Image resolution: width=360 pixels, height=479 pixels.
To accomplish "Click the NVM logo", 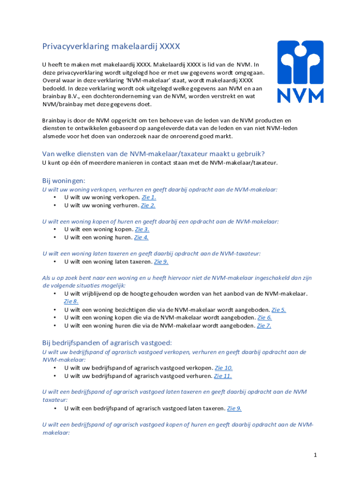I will coord(300,72).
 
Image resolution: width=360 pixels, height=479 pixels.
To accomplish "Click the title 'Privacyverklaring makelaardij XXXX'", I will coord(111,46).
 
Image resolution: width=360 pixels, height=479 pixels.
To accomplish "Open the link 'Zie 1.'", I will coord(149,197).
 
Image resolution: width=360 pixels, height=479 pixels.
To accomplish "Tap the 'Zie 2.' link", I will coord(148,205).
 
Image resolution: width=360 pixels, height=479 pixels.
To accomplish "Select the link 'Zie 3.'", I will coord(142,229).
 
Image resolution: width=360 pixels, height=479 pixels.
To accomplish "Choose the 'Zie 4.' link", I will coord(141,237).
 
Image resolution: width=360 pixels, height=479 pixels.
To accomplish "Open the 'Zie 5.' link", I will coord(279,310).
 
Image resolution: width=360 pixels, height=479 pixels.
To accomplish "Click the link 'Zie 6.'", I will coord(265,318).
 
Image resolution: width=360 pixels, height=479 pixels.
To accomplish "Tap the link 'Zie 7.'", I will coord(264,326).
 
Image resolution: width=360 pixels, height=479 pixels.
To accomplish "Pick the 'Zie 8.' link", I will coord(71,302).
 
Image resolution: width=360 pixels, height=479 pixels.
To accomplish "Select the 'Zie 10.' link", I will coord(223,368).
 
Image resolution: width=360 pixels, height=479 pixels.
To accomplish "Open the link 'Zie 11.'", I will coord(223,376).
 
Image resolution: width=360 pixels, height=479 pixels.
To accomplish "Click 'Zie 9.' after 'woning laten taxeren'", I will coord(161,261).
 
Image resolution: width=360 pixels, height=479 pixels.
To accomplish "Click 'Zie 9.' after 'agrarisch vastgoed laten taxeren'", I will coord(234,408).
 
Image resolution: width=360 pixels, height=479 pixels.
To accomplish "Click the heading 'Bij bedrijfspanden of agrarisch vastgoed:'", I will coord(107,343).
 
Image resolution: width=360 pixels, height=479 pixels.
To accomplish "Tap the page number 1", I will coord(316,455).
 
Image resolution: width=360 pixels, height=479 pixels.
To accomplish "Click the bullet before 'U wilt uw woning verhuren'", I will coord(55,205).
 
